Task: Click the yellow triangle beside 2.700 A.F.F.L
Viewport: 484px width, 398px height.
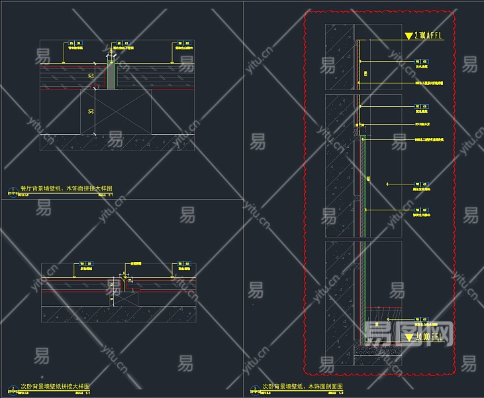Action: [408, 36]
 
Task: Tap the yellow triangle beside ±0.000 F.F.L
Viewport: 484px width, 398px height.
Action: [408, 338]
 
